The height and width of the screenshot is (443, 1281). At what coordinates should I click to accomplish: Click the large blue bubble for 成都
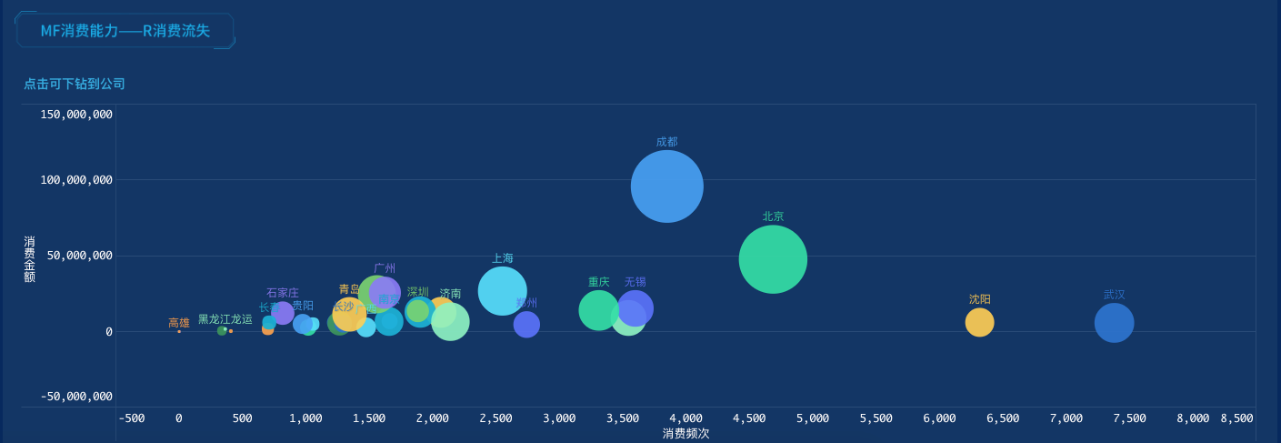tap(666, 186)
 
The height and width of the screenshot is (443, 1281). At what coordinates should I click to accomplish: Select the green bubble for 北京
tap(773, 259)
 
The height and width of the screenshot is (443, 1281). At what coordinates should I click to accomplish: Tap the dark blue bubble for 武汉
tap(1114, 323)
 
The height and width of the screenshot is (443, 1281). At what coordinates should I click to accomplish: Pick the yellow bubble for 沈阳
tap(979, 322)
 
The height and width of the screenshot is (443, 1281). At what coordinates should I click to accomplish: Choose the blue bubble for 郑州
tap(526, 325)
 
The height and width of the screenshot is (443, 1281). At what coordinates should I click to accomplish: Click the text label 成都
tap(666, 142)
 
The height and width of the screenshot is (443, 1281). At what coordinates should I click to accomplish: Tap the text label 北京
tap(773, 216)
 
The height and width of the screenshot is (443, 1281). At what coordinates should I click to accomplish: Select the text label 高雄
tap(179, 323)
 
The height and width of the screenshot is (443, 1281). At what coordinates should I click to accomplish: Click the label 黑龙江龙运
tap(225, 319)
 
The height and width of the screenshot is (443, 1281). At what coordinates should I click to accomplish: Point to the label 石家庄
tap(282, 293)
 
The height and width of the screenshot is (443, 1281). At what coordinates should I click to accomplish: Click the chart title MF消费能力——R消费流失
tap(125, 31)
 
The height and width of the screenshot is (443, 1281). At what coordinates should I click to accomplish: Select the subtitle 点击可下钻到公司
tap(75, 84)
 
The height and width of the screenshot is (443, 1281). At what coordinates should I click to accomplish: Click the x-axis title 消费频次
tap(686, 434)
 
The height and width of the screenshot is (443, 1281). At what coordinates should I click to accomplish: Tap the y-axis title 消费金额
tap(29, 259)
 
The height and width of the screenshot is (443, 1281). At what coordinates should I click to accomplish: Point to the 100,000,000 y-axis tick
tap(76, 180)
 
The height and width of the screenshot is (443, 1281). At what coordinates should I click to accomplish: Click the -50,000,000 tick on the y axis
tap(76, 397)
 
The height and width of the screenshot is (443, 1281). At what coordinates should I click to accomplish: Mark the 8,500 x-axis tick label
tap(1236, 418)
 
